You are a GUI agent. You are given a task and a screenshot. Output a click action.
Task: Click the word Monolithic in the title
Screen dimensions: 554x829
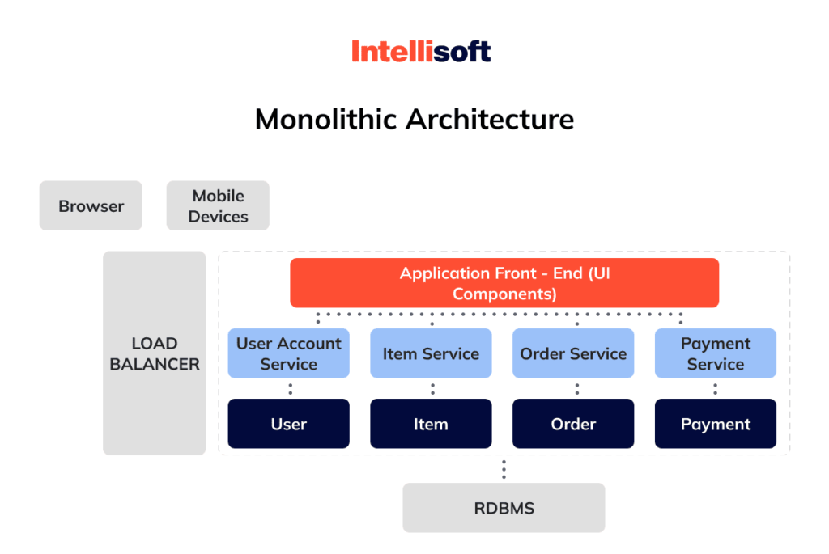(x=326, y=120)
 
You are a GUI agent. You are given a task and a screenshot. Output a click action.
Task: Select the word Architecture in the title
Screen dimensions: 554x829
(x=490, y=120)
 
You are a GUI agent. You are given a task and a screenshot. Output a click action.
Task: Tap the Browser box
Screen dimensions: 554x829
(x=91, y=205)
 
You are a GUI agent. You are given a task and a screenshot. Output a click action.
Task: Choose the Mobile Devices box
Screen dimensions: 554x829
(x=218, y=205)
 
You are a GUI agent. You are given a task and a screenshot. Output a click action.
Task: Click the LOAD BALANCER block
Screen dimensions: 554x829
(x=154, y=353)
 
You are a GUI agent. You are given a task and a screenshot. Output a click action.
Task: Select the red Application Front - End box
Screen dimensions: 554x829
(x=504, y=283)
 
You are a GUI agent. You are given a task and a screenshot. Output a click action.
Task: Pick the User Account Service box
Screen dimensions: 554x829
(x=289, y=353)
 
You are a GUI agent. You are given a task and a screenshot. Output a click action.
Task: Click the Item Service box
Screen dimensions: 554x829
(x=431, y=353)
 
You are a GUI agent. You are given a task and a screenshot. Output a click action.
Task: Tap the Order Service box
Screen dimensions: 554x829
(x=573, y=353)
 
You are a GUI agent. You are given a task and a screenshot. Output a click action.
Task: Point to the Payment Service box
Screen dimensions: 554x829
(x=716, y=353)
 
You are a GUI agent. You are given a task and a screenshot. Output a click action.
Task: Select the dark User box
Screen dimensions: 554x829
(x=289, y=424)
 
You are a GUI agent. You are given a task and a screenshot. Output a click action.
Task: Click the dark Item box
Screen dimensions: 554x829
(x=431, y=424)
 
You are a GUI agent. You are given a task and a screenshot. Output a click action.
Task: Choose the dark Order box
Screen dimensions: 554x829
(x=573, y=424)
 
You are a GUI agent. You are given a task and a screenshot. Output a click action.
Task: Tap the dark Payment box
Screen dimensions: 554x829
(x=716, y=424)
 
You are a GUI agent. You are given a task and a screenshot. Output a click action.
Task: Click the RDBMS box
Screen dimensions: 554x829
(x=504, y=508)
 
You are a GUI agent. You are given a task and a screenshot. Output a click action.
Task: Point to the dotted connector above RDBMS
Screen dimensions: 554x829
(x=504, y=469)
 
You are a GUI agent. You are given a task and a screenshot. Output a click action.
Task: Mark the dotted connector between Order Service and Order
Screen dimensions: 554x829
(x=576, y=388)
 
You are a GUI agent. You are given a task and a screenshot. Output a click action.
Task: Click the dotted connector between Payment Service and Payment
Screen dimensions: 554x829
(x=716, y=388)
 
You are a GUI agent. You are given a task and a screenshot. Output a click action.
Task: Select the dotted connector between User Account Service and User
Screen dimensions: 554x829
(x=290, y=388)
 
